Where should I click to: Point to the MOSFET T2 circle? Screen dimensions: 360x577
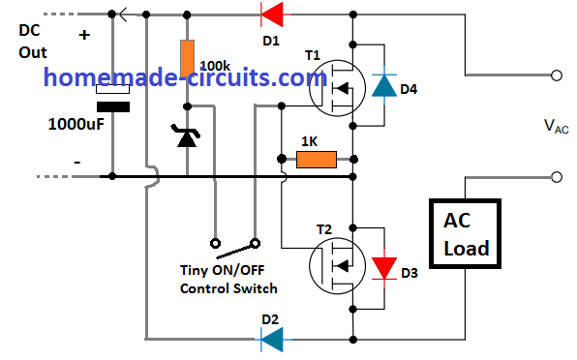336,263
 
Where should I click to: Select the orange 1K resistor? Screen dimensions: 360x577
316,158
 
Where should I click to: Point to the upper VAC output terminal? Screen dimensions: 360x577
555,74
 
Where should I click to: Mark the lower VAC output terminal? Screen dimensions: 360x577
555,177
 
